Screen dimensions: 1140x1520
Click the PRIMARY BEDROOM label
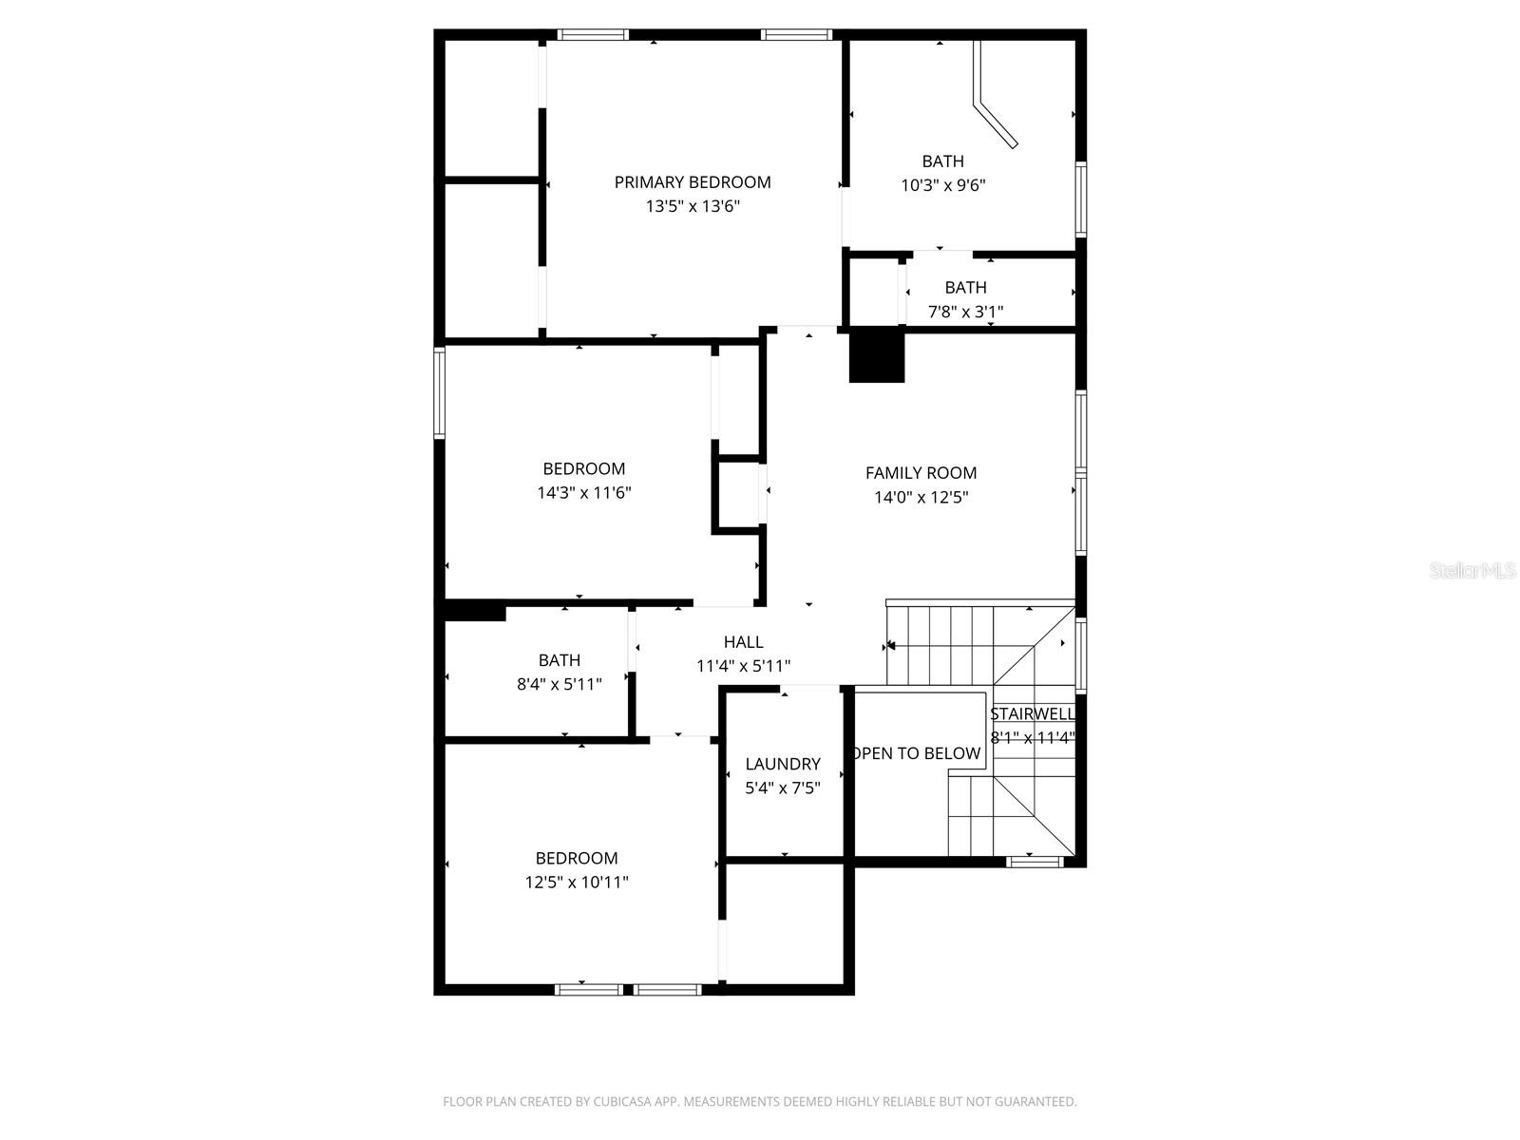692,182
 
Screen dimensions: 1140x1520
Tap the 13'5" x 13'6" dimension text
693,206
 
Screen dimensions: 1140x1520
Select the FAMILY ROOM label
921,473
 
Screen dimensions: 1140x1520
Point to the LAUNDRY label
783,764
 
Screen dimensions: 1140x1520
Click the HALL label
743,642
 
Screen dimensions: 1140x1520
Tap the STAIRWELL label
1033,714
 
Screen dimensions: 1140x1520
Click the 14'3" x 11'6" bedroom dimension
584,493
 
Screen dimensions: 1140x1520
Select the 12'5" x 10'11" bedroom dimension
577,883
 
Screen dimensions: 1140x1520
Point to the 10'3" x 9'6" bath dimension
942,185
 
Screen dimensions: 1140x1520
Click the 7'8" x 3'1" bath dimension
965,312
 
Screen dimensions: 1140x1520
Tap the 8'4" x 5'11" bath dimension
559,684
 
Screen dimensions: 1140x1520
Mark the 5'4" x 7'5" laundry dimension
783,788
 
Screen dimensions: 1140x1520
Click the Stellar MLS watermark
1472,571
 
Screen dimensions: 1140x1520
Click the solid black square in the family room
876,356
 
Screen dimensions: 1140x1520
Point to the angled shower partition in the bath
994,104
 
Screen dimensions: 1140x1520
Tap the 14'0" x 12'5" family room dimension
921,497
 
